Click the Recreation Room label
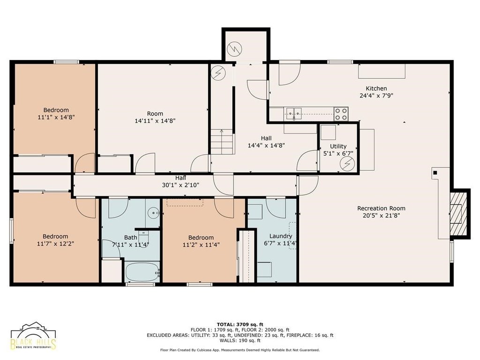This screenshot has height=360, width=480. coord(381,208)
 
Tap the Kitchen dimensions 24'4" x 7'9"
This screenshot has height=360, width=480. coord(376,96)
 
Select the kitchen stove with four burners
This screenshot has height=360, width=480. coord(341,114)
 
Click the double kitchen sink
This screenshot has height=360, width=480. coord(294,114)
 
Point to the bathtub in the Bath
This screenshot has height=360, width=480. coord(142,272)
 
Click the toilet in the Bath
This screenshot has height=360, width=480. coord(143,236)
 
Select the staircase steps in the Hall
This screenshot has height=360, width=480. coord(222,142)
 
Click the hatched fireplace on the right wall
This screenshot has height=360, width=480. coord(459,213)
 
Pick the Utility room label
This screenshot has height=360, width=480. coord(338,146)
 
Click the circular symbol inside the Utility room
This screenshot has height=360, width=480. coord(347,164)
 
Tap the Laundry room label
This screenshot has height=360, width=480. coord(280,236)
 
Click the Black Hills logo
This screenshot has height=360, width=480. coord(33,336)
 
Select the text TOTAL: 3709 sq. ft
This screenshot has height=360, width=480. coord(240,324)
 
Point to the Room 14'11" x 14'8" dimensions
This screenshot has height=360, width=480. coord(155,120)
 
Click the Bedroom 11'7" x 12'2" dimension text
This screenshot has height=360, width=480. coord(55,244)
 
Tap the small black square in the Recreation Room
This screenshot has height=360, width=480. coord(435,173)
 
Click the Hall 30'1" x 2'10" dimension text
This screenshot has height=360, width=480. coord(180,185)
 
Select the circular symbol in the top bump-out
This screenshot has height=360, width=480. coord(235,49)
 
